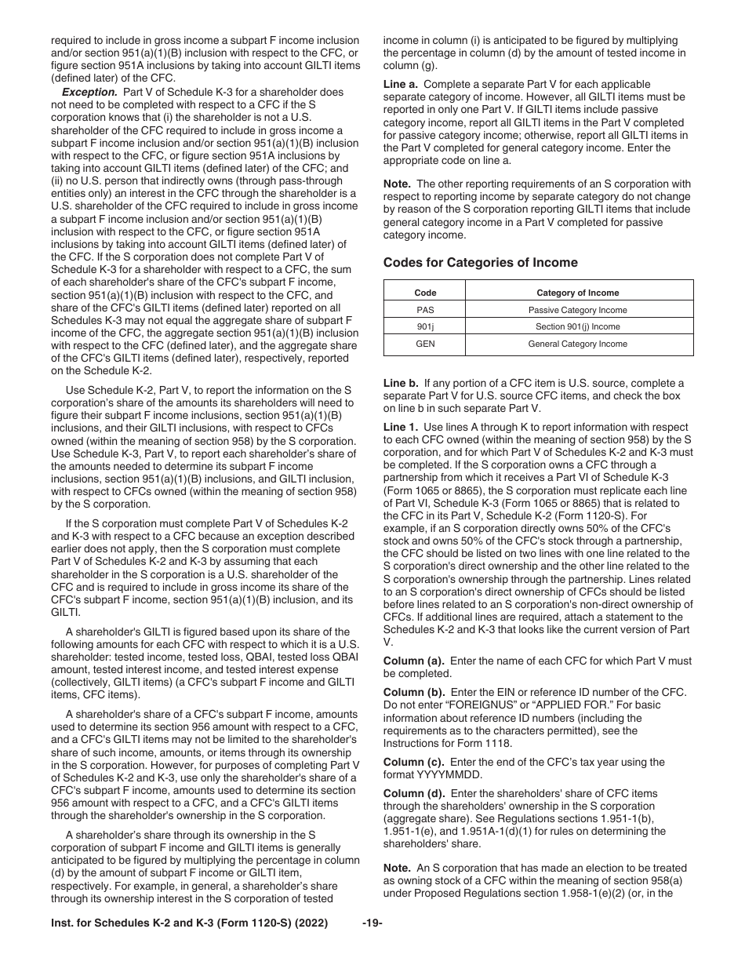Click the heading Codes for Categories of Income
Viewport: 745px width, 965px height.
[x=480, y=263]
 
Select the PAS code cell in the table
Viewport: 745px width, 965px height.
[x=425, y=310]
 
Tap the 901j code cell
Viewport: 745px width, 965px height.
[x=425, y=327]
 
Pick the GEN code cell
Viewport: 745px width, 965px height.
[x=425, y=344]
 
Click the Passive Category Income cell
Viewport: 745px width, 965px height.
[x=577, y=310]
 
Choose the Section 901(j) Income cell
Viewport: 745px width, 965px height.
[x=577, y=327]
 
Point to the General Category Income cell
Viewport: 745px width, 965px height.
[x=577, y=344]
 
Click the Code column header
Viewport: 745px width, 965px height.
[x=425, y=293]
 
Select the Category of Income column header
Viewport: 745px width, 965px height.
[x=577, y=293]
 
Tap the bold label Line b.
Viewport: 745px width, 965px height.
[x=400, y=383]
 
